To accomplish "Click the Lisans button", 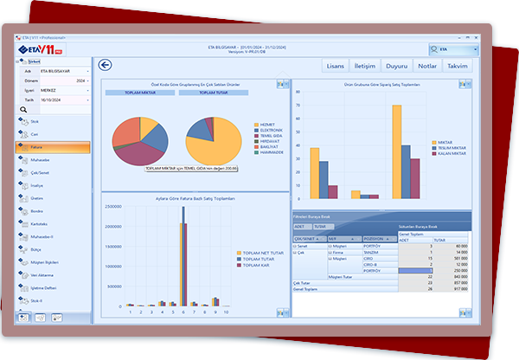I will [x=336, y=66].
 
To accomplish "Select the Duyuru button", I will [x=397, y=66].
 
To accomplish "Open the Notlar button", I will [x=427, y=66].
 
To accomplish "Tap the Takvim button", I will [x=458, y=66].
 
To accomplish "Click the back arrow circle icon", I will [x=106, y=65].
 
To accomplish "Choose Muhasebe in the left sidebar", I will [x=40, y=160].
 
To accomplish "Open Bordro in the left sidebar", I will [x=36, y=209].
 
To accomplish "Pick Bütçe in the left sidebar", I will [x=35, y=247].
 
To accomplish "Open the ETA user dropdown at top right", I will [x=452, y=52].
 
